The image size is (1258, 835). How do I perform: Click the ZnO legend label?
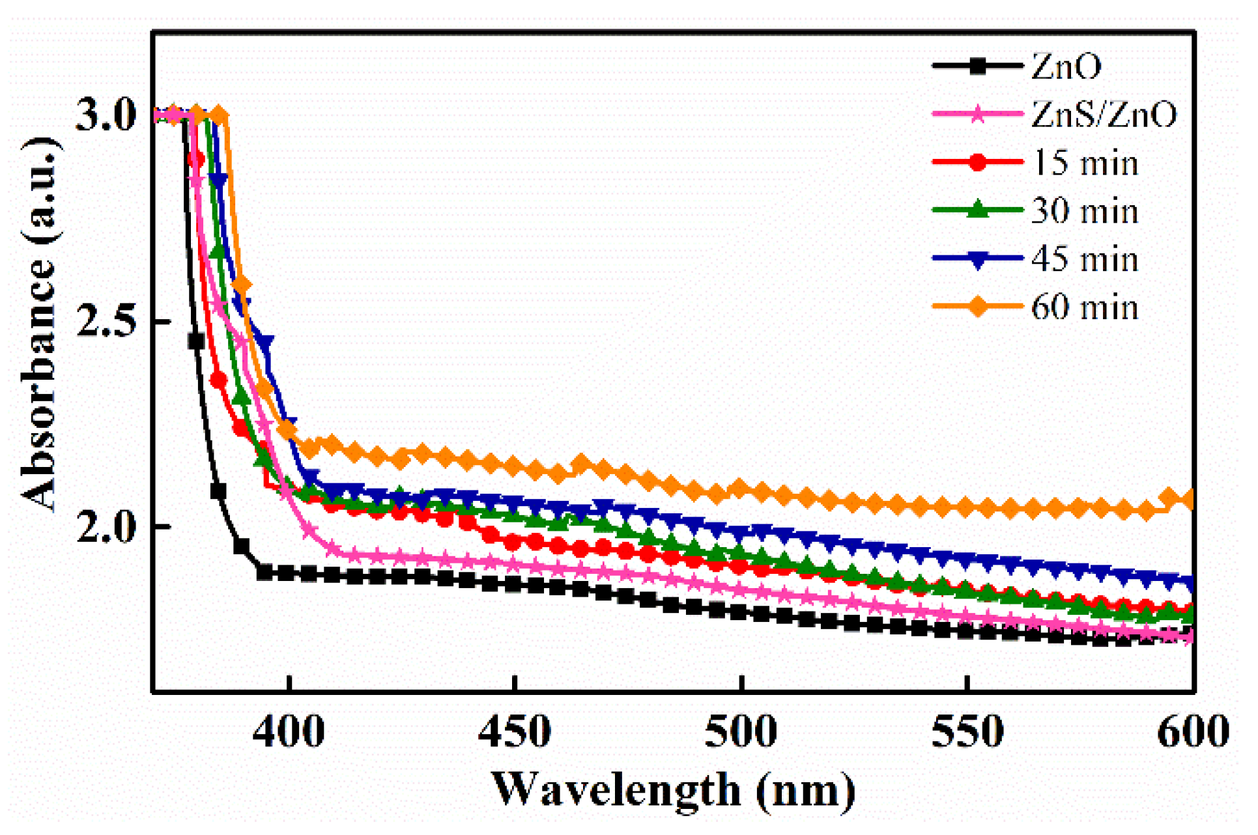click(1066, 66)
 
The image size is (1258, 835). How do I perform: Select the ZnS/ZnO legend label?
click(1104, 114)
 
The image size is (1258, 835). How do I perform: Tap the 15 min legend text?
click(1085, 162)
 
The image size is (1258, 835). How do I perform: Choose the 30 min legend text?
click(1085, 210)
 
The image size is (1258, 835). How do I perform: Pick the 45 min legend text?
click(1085, 259)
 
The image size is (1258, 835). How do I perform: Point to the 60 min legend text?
click(1085, 307)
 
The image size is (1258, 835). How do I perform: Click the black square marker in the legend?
click(977, 66)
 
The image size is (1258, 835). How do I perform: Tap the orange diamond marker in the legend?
click(977, 307)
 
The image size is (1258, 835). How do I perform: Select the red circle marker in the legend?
click(977, 162)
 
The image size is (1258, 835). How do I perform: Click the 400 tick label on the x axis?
click(289, 732)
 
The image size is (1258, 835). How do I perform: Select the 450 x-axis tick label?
click(515, 732)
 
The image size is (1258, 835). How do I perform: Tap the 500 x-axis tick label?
click(741, 732)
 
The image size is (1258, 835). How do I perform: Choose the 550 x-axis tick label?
click(967, 732)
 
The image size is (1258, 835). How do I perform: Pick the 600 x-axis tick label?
click(1192, 732)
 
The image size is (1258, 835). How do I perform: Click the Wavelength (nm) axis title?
click(674, 790)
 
